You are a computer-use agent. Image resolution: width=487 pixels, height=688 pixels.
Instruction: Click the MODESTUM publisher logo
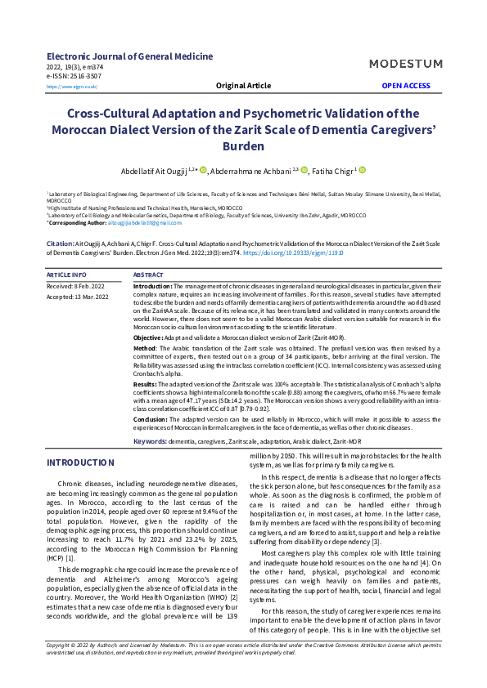(x=406, y=64)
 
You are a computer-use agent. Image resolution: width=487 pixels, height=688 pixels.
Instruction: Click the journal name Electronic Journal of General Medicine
(x=129, y=56)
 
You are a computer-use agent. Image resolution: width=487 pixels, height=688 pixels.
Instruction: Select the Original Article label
(x=243, y=85)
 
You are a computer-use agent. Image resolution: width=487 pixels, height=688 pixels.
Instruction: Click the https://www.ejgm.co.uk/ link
(x=72, y=86)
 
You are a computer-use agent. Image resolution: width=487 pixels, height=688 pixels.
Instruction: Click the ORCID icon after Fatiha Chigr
(x=362, y=170)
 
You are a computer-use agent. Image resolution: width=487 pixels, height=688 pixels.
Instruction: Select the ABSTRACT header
(x=148, y=275)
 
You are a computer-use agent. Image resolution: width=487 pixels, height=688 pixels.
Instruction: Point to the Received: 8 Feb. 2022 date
(x=75, y=287)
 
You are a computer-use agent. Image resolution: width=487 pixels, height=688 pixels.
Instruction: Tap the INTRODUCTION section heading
(x=80, y=462)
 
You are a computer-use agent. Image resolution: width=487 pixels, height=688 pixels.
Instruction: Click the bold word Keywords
(x=150, y=441)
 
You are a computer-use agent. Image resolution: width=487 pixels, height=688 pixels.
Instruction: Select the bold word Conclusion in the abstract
(x=153, y=418)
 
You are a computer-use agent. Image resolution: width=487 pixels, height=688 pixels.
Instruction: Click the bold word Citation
(x=60, y=243)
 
